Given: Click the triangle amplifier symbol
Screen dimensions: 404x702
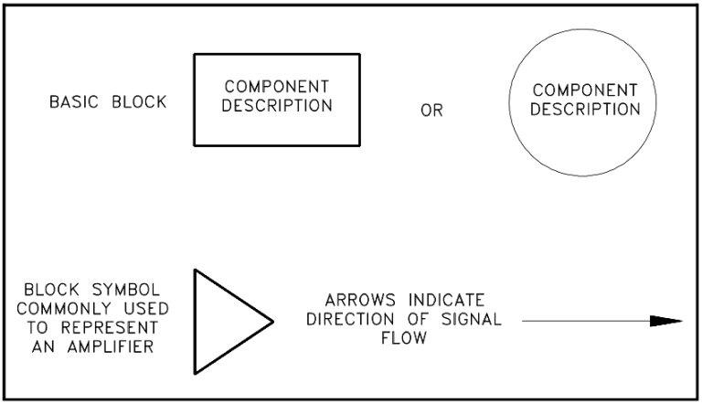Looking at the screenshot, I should [x=224, y=322].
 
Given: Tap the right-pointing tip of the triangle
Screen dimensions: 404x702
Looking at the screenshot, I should [x=272, y=322].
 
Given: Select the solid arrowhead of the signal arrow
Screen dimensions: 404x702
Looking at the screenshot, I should [x=666, y=321].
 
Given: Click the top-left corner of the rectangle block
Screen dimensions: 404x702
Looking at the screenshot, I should [x=194, y=55].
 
